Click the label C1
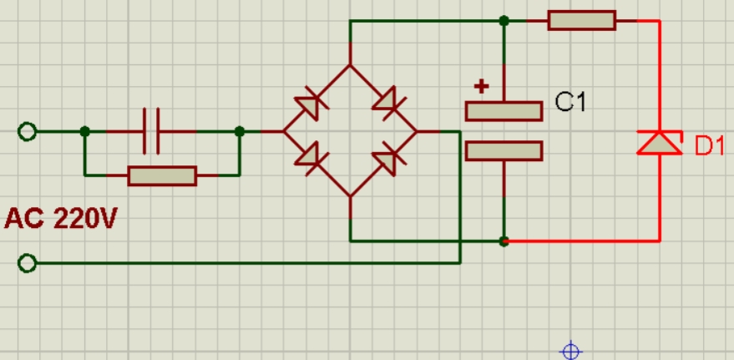(x=571, y=103)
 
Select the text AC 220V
(x=60, y=220)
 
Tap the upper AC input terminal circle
(x=28, y=132)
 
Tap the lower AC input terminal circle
(x=28, y=263)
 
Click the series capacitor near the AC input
(x=151, y=131)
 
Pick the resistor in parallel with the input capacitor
(x=162, y=175)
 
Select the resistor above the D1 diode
(x=582, y=20)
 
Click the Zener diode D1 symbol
(x=660, y=143)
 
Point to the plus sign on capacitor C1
(x=481, y=85)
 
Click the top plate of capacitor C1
(x=504, y=110)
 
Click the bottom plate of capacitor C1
(x=504, y=150)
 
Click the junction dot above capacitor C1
(x=504, y=21)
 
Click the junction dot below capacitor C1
(x=504, y=241)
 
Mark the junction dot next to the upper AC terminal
(x=84, y=131)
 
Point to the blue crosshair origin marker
(x=570, y=351)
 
